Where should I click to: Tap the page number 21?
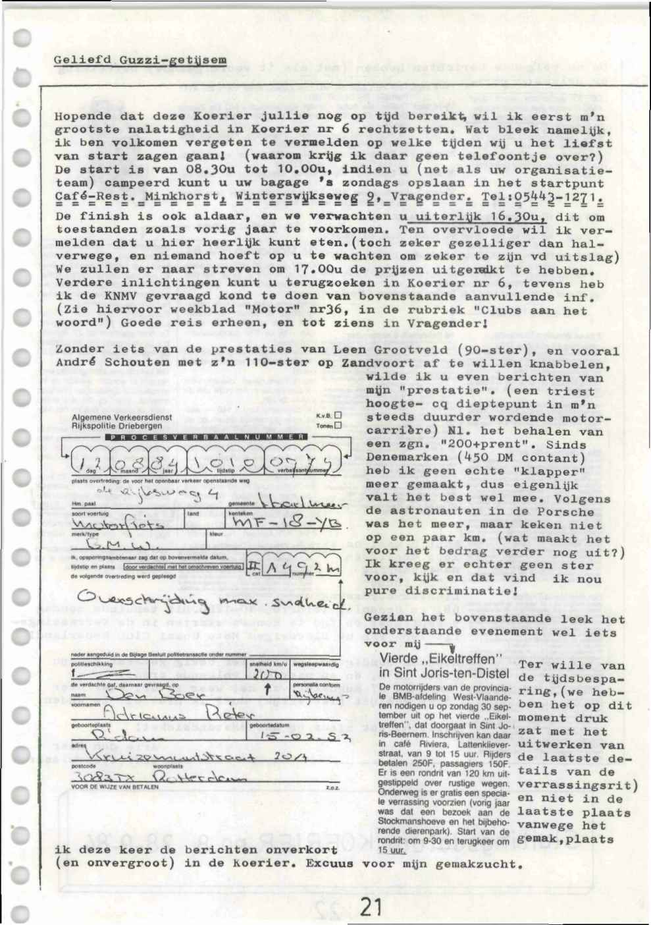coord(371,907)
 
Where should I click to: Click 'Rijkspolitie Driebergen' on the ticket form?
coord(117,426)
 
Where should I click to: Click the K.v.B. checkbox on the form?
coord(338,416)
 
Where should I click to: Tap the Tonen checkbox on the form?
coord(338,426)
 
